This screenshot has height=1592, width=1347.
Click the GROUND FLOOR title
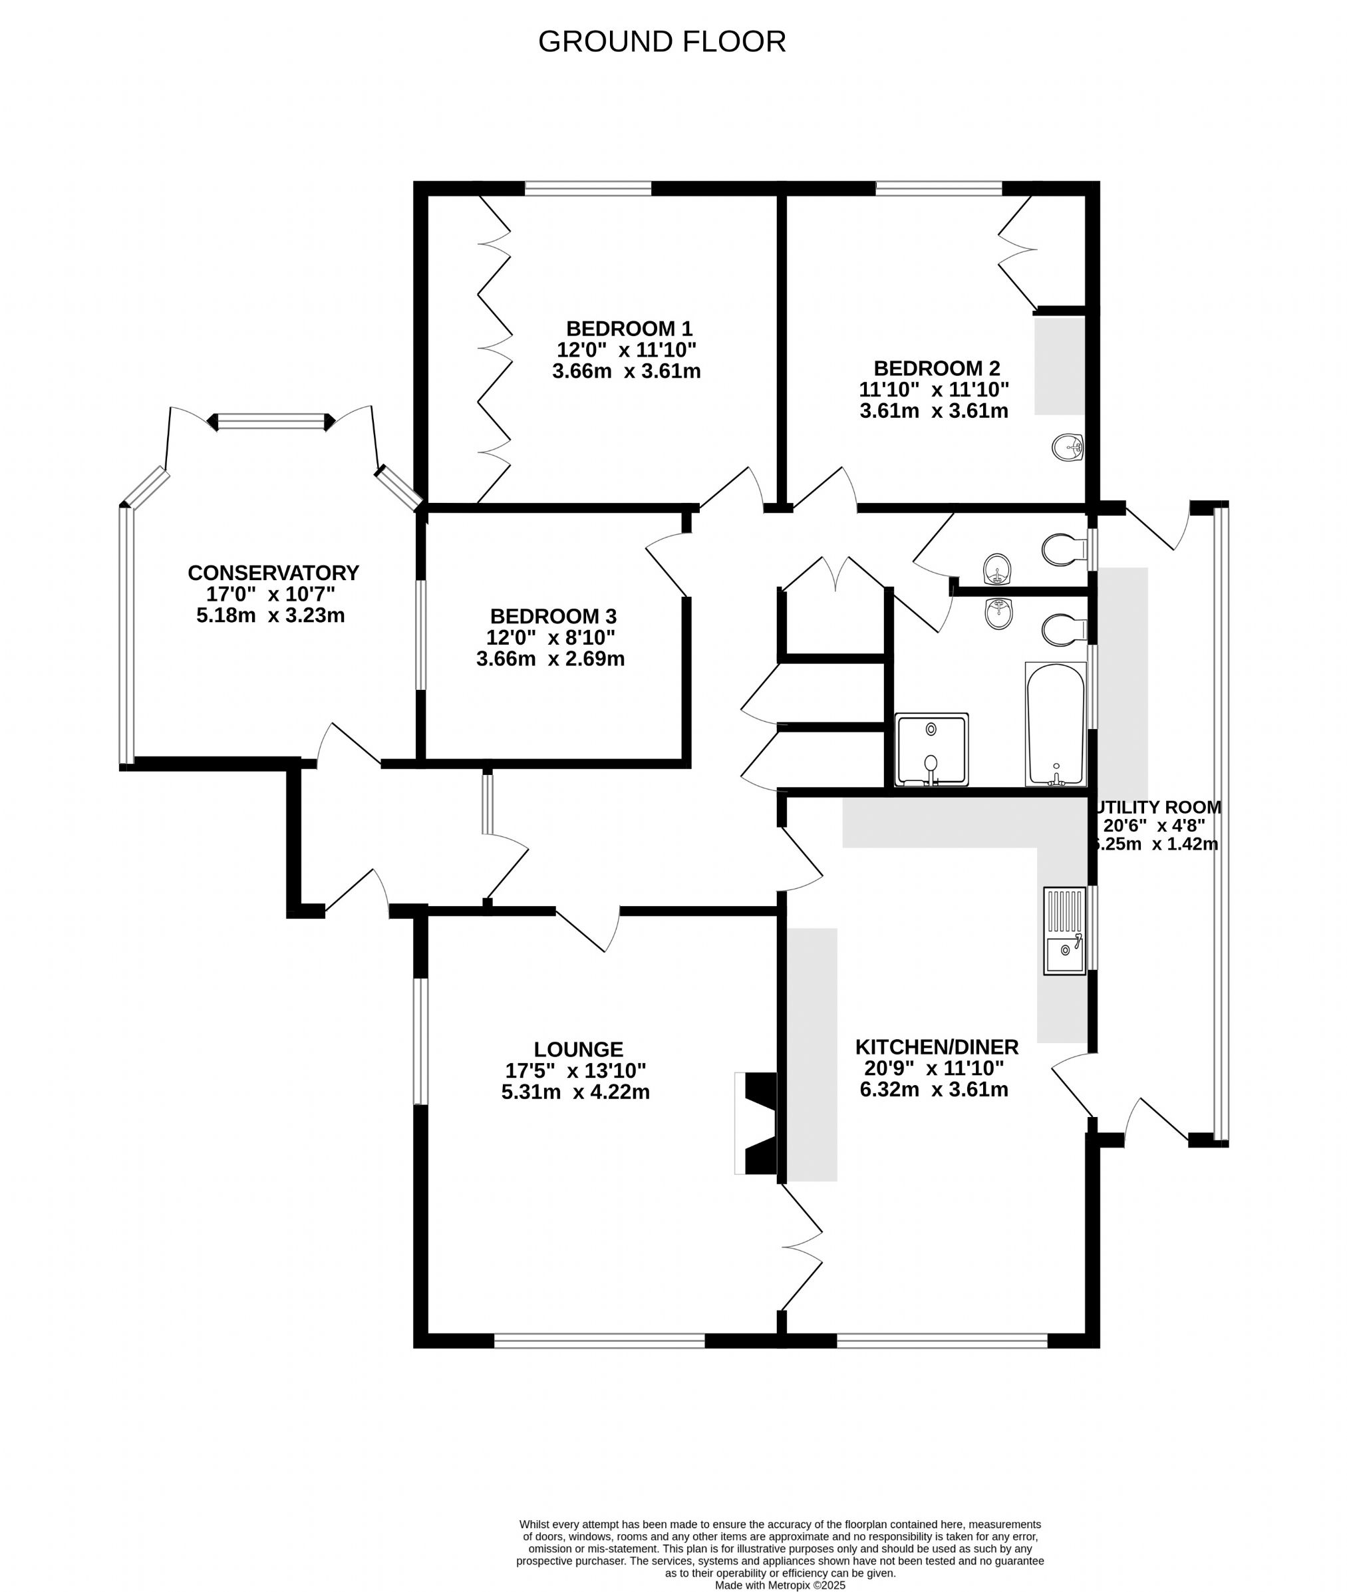tap(662, 41)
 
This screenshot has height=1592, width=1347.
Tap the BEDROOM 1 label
tap(629, 329)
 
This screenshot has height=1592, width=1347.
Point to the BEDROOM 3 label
tap(553, 616)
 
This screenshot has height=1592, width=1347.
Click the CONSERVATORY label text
tap(273, 573)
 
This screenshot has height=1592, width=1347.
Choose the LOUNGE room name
tap(578, 1050)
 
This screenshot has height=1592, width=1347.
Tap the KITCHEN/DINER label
tap(937, 1047)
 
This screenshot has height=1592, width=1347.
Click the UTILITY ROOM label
tap(1157, 807)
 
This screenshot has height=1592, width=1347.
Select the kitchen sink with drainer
tap(1064, 931)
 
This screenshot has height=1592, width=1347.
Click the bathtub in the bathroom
tap(1055, 724)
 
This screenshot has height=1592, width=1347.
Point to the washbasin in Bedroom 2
tap(1068, 448)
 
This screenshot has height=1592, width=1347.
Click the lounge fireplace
tap(756, 1123)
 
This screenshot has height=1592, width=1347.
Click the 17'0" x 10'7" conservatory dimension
tap(271, 594)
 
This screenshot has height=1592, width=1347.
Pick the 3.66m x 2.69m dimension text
tap(551, 659)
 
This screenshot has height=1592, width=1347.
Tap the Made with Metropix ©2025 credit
tap(780, 1585)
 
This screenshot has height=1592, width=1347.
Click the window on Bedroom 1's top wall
tap(588, 188)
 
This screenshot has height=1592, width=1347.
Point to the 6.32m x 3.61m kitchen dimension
tap(934, 1090)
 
